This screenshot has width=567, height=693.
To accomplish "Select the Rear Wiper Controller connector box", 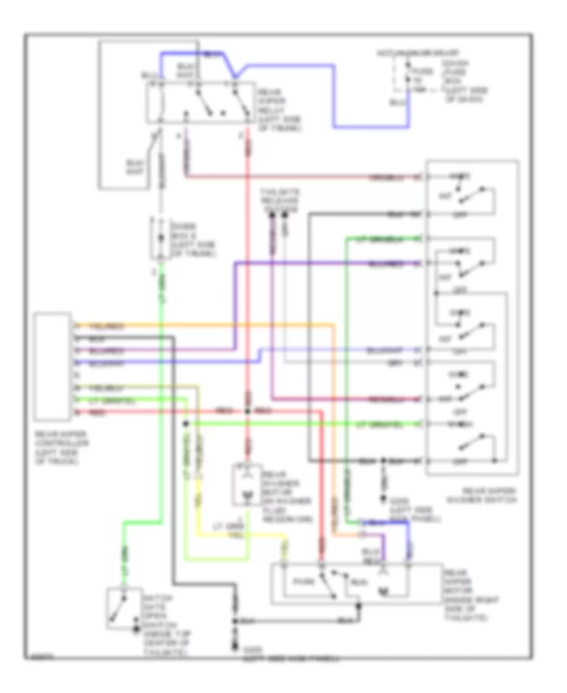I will click(52, 366).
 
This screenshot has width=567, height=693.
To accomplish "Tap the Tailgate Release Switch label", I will click(280, 200).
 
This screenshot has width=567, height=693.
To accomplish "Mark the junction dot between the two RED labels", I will click(247, 411).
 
